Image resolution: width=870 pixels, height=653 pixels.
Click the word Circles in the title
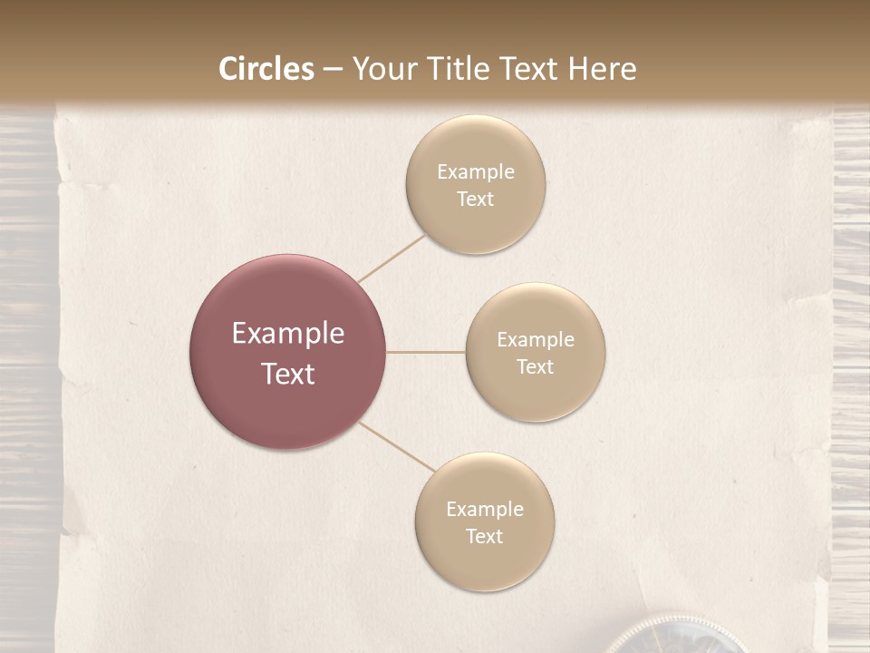[x=266, y=69]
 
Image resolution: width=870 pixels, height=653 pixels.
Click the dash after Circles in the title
[x=333, y=70]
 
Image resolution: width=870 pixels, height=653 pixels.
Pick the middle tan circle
[x=535, y=399]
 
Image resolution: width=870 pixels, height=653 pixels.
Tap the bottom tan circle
[x=484, y=568]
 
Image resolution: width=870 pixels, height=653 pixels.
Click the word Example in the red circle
[x=287, y=334]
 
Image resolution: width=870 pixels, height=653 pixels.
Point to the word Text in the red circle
[x=287, y=374]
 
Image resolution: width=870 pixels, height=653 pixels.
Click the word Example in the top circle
[x=475, y=172]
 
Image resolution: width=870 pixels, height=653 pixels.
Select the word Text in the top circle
[x=475, y=199]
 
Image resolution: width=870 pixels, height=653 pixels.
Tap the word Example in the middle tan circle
[x=535, y=340]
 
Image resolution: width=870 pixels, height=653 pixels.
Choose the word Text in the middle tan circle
[x=535, y=366]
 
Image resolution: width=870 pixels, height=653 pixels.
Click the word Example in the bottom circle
[x=484, y=510]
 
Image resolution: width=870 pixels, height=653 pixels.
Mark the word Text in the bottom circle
[x=484, y=536]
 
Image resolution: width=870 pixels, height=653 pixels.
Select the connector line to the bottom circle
[x=396, y=447]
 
